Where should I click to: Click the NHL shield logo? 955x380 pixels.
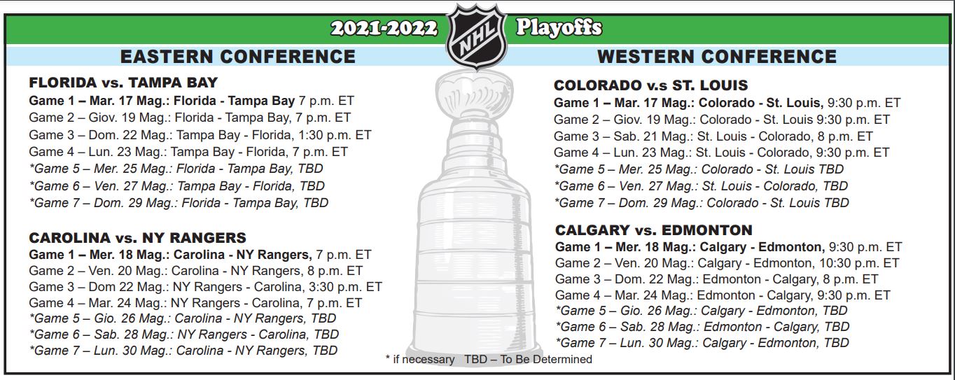point(476,36)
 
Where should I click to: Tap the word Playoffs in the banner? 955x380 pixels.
point(559,28)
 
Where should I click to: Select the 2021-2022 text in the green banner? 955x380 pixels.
point(384,29)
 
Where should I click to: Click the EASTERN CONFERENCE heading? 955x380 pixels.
point(238,57)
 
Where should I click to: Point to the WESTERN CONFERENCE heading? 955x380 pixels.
point(717,57)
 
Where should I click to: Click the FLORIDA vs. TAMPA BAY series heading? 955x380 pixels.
point(123,82)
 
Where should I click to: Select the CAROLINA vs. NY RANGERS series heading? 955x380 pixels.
point(137,237)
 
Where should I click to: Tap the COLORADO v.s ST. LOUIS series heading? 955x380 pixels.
point(650,85)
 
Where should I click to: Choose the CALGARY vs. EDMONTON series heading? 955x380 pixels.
point(653,230)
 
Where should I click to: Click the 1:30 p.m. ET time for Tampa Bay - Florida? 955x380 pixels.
point(335,135)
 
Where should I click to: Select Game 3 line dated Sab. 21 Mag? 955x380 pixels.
point(713,136)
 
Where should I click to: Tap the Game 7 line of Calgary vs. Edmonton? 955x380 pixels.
point(702,342)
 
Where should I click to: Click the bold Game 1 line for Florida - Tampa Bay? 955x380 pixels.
point(191,101)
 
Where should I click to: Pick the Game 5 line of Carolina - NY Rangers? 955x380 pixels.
point(183,318)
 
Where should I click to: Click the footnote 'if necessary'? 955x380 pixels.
point(420,360)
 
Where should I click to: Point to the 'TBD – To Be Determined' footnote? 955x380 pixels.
point(528,360)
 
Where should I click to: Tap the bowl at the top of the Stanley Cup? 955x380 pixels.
point(475,96)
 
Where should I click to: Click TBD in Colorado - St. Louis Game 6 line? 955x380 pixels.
point(835,186)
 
